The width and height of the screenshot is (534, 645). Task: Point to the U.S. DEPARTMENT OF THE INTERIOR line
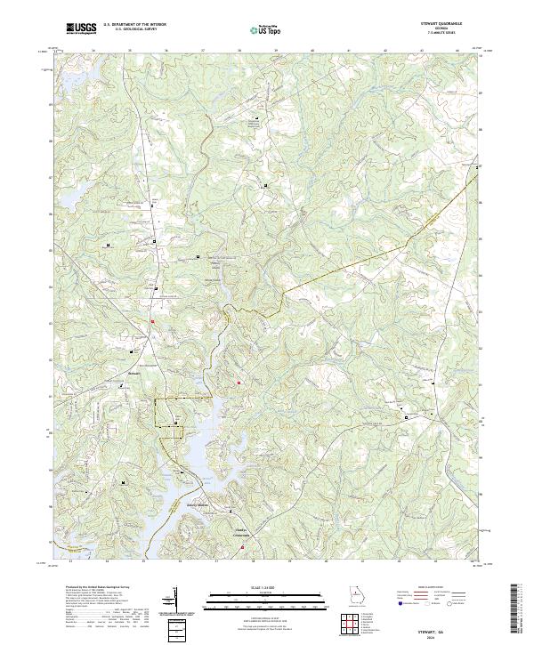pos(134,25)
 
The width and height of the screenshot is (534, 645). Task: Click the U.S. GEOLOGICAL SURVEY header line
pos(134,30)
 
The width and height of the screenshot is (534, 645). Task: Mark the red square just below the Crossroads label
pos(243,547)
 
